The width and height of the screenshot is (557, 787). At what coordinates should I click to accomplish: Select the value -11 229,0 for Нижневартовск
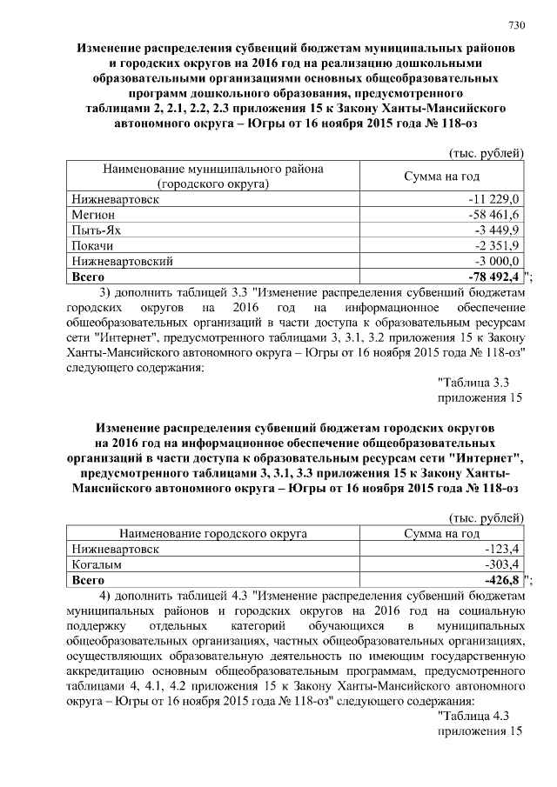pos(493,199)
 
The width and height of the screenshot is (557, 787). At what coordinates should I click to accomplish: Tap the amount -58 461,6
pos(493,214)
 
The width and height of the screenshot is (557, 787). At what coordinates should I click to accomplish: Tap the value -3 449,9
pos(497,230)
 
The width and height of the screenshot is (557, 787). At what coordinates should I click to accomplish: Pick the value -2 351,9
pos(497,245)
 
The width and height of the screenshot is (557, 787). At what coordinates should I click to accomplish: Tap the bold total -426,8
pos(500,579)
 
